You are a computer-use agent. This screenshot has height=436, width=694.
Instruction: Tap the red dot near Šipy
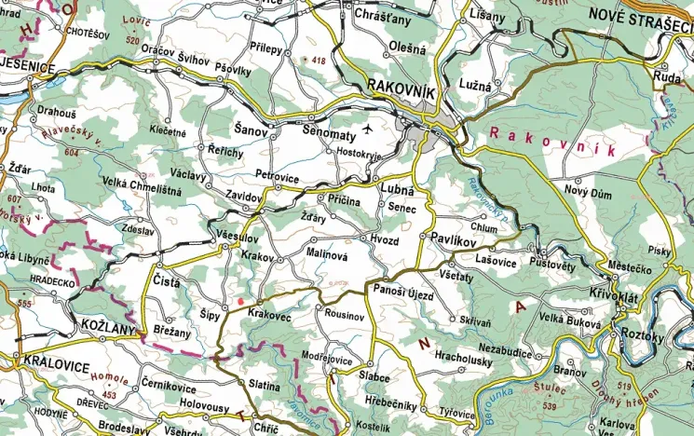(241, 302)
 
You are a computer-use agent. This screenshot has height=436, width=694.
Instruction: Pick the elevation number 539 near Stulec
(551, 407)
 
